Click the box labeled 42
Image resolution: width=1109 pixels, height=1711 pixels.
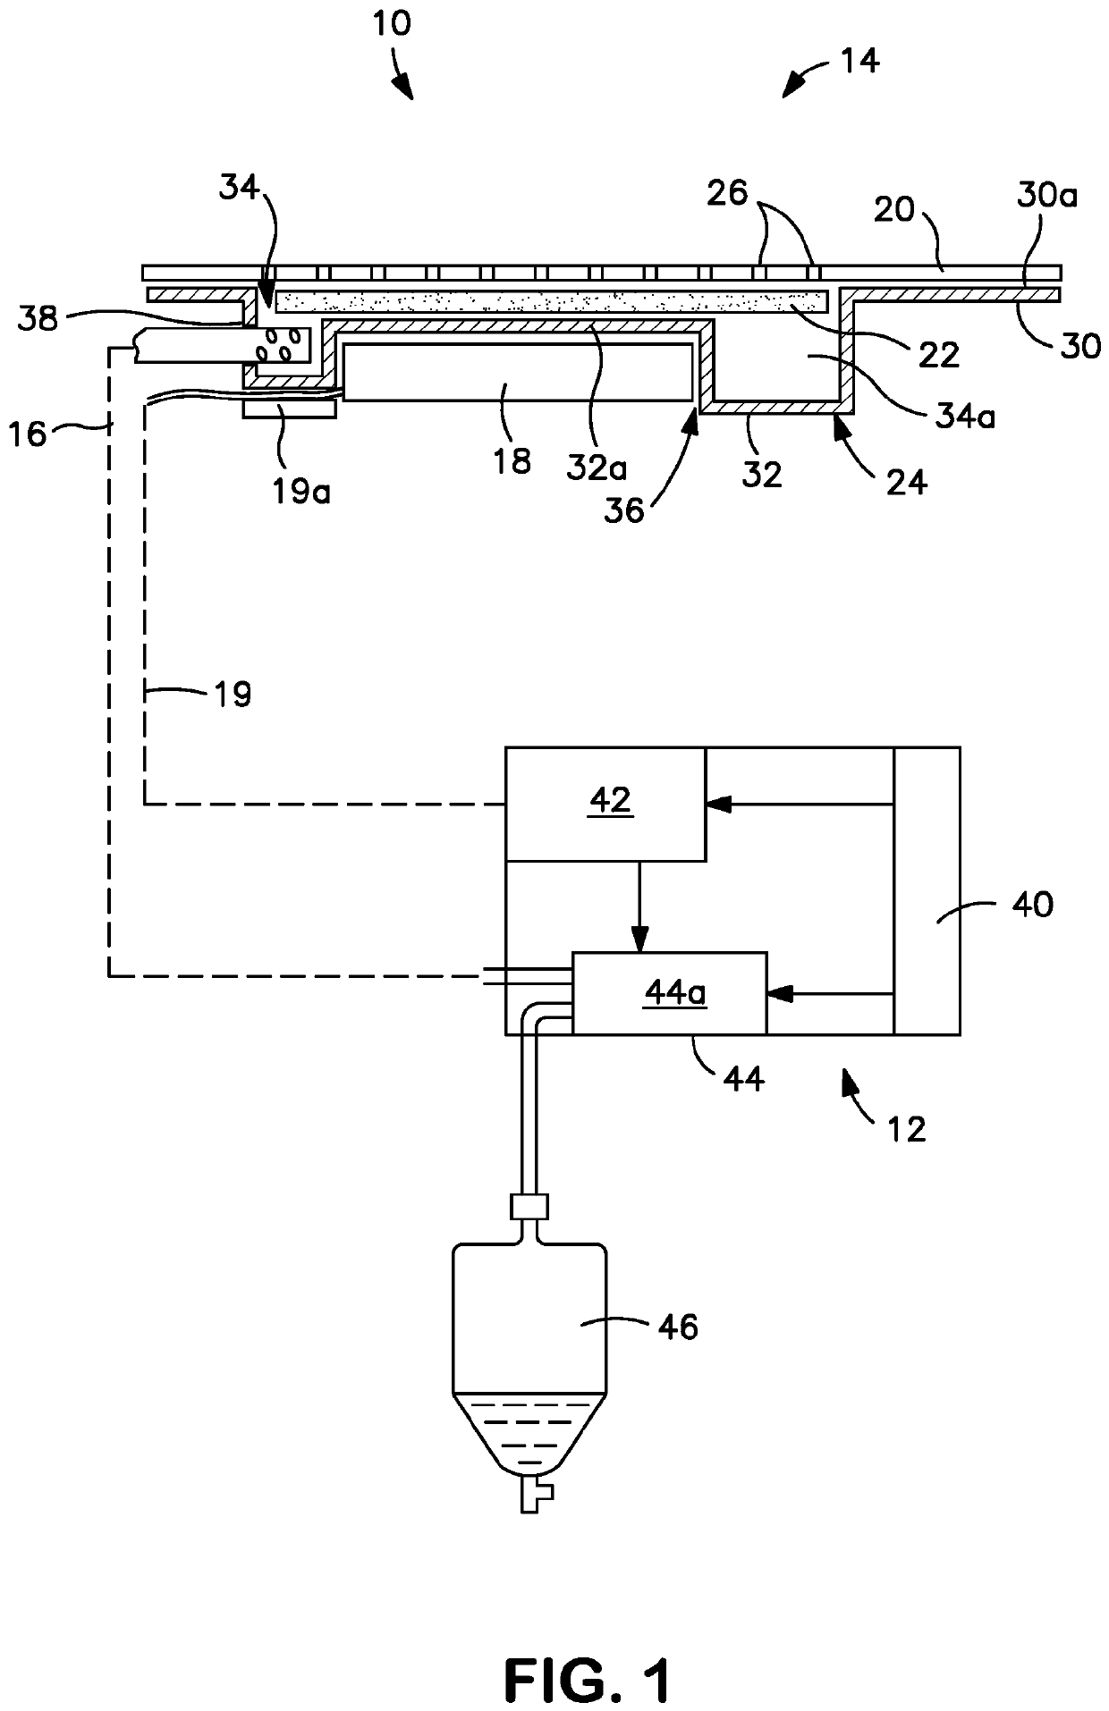[605, 805]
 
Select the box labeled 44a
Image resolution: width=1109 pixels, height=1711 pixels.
[669, 993]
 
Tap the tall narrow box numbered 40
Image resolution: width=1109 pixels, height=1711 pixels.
[927, 891]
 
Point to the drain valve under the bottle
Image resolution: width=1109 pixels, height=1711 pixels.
[536, 1497]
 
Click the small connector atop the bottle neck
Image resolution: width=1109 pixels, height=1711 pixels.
[529, 1208]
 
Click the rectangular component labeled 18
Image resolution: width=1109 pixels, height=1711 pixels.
[518, 371]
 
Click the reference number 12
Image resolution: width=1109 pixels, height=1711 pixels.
[906, 1129]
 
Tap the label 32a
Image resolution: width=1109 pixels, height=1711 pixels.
[596, 467]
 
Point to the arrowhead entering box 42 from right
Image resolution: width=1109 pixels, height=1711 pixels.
[715, 805]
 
